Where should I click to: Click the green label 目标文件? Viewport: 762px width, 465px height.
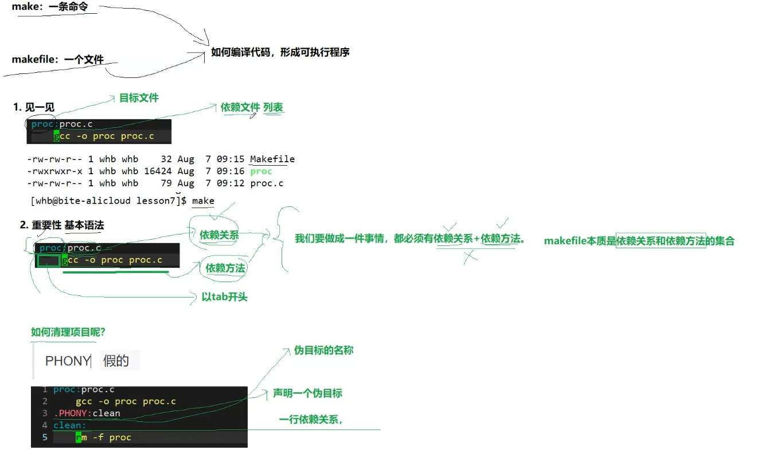click(139, 98)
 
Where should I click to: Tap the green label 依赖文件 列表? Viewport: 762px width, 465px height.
click(252, 107)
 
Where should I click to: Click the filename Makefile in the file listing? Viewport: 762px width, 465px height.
click(272, 159)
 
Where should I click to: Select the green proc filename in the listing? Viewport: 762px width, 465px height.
click(261, 171)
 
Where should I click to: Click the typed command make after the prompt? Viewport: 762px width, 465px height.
click(203, 201)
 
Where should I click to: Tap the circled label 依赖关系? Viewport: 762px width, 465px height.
click(219, 235)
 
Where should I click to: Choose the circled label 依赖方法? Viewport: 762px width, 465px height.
click(225, 268)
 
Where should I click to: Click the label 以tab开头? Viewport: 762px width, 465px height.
click(224, 297)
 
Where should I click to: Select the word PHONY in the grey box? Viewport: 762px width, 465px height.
click(67, 361)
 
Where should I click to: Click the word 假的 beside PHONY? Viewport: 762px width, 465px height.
click(116, 361)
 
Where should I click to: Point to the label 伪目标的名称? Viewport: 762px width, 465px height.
click(323, 350)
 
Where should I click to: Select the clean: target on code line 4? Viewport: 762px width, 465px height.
click(69, 425)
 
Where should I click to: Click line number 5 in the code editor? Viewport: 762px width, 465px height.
click(45, 437)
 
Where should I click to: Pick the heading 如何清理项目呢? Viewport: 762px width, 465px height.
click(68, 332)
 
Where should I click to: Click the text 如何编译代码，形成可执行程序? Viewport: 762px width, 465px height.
click(280, 52)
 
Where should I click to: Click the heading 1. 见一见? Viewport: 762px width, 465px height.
click(34, 107)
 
